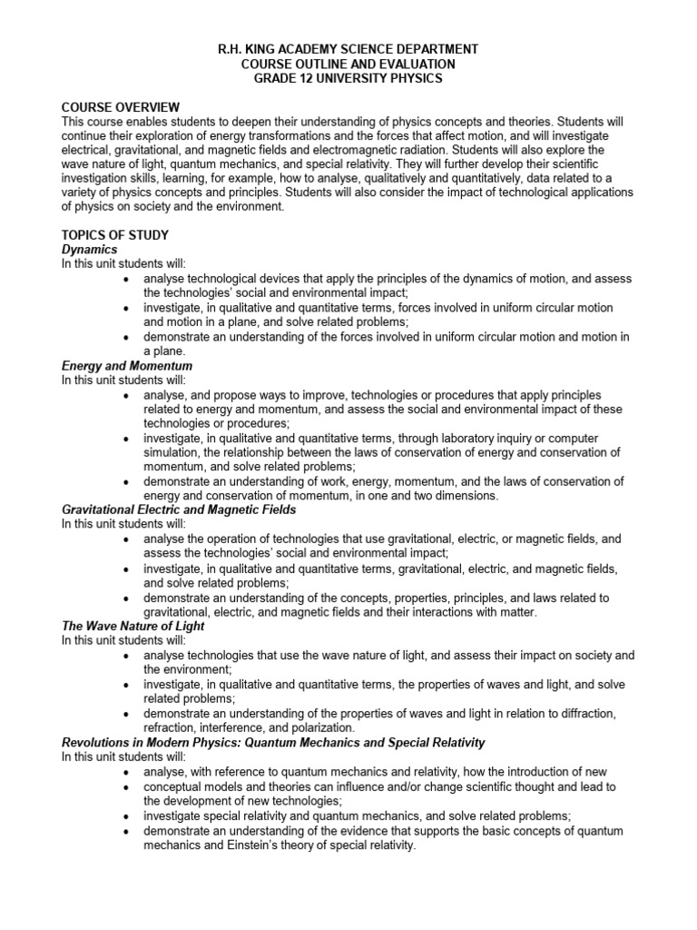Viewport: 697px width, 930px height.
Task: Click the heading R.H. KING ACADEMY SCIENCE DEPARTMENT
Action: click(x=348, y=49)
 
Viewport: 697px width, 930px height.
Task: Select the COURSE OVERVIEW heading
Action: click(x=120, y=107)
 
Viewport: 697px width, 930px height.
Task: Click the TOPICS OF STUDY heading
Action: click(x=114, y=235)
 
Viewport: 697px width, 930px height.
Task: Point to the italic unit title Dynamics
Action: click(x=89, y=249)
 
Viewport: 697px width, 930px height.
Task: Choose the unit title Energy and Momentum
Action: click(x=126, y=366)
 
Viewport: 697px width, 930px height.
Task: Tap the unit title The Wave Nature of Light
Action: click(x=133, y=627)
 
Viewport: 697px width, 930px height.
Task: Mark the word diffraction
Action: click(x=583, y=714)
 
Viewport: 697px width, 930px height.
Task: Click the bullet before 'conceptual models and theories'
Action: click(x=125, y=787)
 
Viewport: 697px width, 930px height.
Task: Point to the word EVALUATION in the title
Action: click(x=414, y=64)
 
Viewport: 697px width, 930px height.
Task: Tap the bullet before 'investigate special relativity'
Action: click(x=125, y=816)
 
